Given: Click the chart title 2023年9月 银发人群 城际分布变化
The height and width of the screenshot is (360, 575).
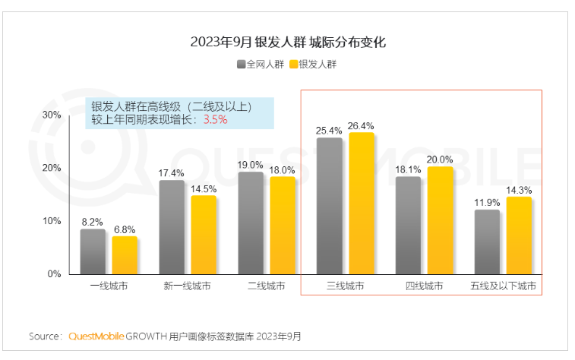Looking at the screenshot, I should (x=288, y=43).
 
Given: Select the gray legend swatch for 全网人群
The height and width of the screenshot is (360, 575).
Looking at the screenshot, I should (x=241, y=65).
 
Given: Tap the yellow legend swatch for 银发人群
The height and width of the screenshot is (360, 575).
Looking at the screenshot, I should (x=293, y=65).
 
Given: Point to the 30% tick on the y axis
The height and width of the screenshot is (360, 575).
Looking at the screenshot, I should (x=52, y=115).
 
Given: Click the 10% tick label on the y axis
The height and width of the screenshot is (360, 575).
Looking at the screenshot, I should (x=52, y=221).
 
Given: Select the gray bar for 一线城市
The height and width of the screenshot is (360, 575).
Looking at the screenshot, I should (x=93, y=251).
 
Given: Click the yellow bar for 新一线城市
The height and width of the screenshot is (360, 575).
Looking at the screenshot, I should (x=203, y=235).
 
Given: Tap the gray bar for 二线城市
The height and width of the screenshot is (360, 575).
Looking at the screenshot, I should (x=251, y=223).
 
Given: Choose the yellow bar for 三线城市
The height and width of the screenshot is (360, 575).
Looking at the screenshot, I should (x=362, y=203).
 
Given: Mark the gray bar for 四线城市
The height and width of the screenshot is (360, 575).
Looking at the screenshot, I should (x=409, y=225).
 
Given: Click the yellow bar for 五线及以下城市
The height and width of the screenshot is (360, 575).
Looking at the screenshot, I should (x=519, y=235).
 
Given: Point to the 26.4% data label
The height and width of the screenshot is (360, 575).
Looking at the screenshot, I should (x=362, y=125).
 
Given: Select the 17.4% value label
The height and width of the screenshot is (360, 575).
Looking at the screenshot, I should (x=172, y=173).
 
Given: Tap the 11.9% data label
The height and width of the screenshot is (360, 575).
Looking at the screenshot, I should (x=487, y=203).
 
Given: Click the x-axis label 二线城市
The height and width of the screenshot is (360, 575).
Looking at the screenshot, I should (x=267, y=287).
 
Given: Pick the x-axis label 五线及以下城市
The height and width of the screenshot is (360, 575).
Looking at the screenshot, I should (x=503, y=287).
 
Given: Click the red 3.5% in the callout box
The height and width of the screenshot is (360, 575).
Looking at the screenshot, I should (x=216, y=119).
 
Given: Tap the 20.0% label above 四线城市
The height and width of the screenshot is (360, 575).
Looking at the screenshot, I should (x=441, y=159).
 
